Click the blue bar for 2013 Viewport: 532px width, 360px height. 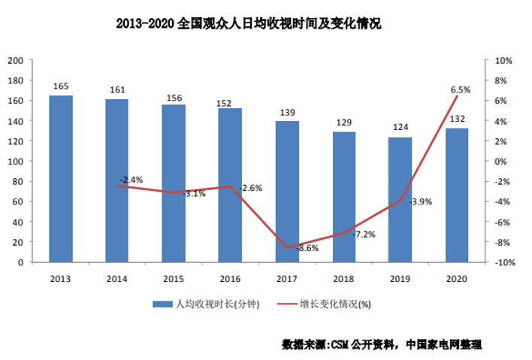(x=61, y=179)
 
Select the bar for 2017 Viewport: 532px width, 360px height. (x=287, y=192)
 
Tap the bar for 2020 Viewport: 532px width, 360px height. (x=457, y=195)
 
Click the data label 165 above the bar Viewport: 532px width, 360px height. (x=61, y=86)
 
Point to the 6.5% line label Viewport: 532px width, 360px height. (x=461, y=89)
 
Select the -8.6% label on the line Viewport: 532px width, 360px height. (x=307, y=247)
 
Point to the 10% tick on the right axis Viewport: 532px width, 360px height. (x=503, y=60)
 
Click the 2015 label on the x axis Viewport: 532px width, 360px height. (x=174, y=279)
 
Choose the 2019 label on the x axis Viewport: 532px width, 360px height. (x=400, y=279)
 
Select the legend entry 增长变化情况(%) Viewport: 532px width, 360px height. (x=335, y=304)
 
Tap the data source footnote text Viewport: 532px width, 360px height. (x=381, y=344)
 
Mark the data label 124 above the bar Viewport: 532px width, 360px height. (x=400, y=129)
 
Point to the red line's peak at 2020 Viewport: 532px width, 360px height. (x=457, y=96)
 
